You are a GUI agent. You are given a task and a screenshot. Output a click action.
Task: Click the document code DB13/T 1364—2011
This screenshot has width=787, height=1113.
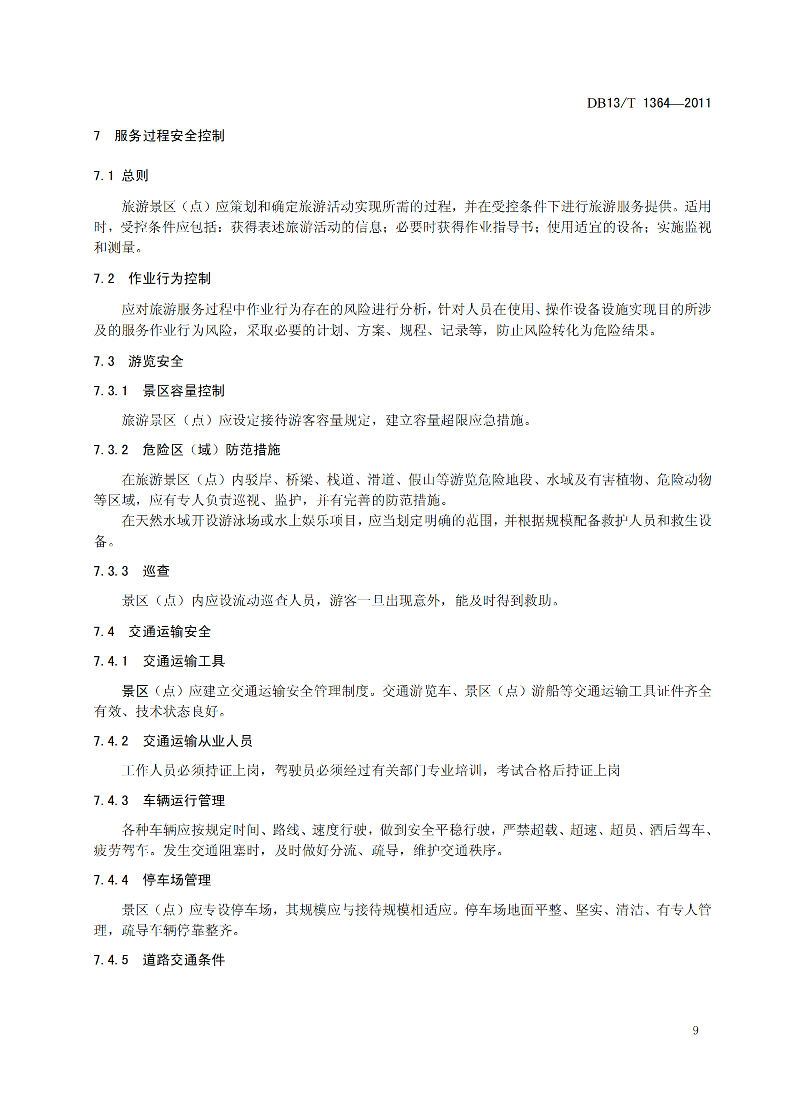pos(648,103)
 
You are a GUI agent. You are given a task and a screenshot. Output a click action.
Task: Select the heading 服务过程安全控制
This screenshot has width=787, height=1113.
pos(169,136)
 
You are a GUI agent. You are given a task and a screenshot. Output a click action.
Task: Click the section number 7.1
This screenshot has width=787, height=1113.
pos(104,176)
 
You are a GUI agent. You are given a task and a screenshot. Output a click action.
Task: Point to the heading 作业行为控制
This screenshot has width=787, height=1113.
pos(169,278)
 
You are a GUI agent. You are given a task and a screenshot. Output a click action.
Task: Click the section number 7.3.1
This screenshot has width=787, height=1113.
pos(110,391)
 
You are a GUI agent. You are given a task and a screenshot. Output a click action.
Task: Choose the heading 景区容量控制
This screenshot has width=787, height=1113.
pos(183,391)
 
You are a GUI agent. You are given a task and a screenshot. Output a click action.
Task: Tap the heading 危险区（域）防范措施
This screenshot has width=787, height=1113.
pos(211,450)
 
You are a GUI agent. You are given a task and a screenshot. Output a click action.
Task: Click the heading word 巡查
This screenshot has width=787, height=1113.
pos(156,571)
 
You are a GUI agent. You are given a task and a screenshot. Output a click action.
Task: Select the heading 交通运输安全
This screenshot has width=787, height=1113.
pos(169,631)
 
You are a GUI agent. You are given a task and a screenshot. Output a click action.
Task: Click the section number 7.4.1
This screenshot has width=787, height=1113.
pos(110,661)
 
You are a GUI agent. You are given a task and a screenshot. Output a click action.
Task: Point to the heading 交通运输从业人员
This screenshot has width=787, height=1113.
pos(198,741)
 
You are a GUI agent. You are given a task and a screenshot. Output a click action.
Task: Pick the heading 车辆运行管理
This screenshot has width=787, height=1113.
pos(183,800)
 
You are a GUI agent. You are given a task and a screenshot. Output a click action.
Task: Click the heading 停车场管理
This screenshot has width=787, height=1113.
pos(177,880)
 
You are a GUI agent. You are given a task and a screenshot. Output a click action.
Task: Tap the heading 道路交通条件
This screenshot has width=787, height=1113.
pos(183,960)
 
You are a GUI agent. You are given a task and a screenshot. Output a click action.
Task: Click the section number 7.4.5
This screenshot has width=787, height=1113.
pos(110,960)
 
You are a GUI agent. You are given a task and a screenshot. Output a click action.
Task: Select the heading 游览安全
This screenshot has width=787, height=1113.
pos(156,361)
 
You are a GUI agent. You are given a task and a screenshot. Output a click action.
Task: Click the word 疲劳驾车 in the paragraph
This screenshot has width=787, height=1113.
pos(121,850)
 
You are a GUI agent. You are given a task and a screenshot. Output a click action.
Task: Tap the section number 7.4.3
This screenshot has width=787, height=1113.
pos(110,800)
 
